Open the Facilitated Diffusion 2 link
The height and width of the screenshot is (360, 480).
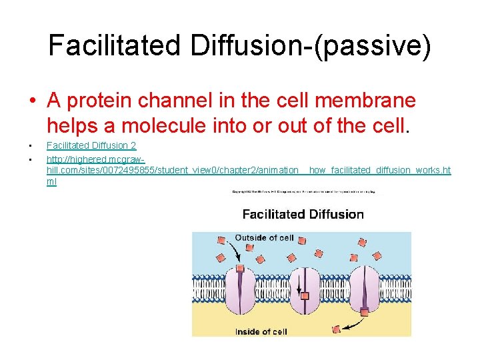pos(91,145)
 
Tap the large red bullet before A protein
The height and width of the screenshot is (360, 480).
pos(32,101)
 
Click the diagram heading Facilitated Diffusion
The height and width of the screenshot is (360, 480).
pos(303,214)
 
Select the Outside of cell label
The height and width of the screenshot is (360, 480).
pos(264,237)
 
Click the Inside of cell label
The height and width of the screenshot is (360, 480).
pos(261,331)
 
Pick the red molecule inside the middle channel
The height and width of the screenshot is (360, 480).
pos(305,295)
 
